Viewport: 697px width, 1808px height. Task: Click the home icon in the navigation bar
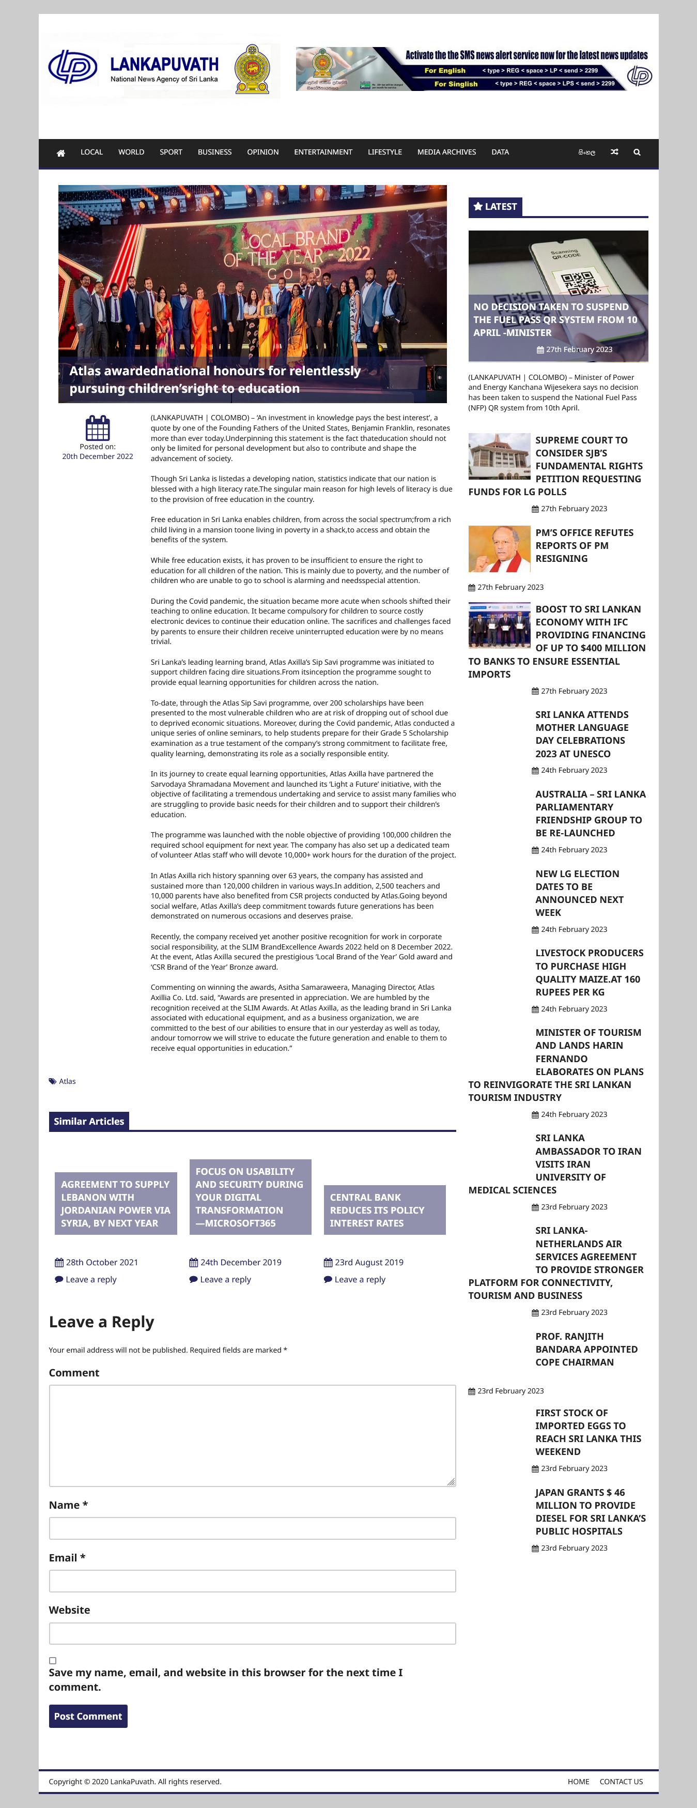pos(61,153)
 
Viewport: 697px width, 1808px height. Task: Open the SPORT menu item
pos(171,152)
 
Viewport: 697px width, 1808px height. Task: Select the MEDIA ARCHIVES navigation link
pos(446,152)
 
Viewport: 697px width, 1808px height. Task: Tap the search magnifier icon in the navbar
pos(637,152)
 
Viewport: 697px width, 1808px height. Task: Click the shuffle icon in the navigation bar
pos(614,152)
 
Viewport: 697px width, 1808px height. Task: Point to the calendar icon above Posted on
pos(98,427)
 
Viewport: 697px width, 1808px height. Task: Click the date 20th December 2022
pos(98,456)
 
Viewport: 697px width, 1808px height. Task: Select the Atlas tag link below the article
pos(67,1081)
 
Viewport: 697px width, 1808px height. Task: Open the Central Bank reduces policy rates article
pos(377,1210)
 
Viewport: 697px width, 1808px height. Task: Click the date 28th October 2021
pos(102,1262)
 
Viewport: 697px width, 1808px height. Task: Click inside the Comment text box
pos(252,1435)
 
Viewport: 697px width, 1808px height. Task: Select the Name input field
pos(252,1528)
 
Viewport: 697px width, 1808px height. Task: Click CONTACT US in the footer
pos(621,1781)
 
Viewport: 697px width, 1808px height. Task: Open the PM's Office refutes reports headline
pos(584,545)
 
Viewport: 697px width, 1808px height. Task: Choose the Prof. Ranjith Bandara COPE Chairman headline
pos(586,1349)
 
